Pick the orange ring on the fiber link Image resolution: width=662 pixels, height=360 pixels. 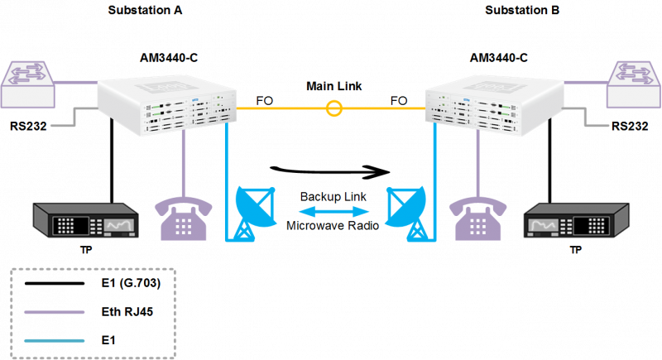pyautogui.click(x=334, y=107)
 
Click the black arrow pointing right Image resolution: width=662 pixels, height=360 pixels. pyautogui.click(x=331, y=171)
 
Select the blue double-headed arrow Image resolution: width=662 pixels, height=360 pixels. pyautogui.click(x=333, y=212)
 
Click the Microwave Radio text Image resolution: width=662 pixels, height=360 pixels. pyautogui.click(x=333, y=225)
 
